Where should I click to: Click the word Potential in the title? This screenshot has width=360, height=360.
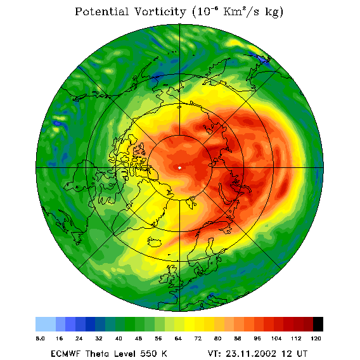tap(101, 11)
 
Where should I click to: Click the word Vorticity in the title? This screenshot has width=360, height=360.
tap(160, 11)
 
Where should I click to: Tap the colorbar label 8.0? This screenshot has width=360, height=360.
tap(40, 338)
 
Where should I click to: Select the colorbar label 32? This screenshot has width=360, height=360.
tap(99, 338)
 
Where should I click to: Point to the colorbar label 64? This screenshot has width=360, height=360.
tap(178, 338)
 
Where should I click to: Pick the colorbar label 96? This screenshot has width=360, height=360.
tap(257, 338)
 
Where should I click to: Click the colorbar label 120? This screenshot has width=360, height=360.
tap(316, 338)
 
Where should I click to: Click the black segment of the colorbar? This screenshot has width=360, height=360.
tap(318, 324)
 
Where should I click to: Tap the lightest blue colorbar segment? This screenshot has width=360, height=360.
tap(46, 324)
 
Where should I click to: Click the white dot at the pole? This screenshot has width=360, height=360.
tap(179, 168)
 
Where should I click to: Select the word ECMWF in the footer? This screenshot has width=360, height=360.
tap(65, 353)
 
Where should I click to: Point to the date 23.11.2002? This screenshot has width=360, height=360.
tap(251, 353)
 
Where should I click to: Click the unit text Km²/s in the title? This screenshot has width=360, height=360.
tap(241, 11)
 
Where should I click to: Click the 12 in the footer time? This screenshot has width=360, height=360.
tap(286, 353)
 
